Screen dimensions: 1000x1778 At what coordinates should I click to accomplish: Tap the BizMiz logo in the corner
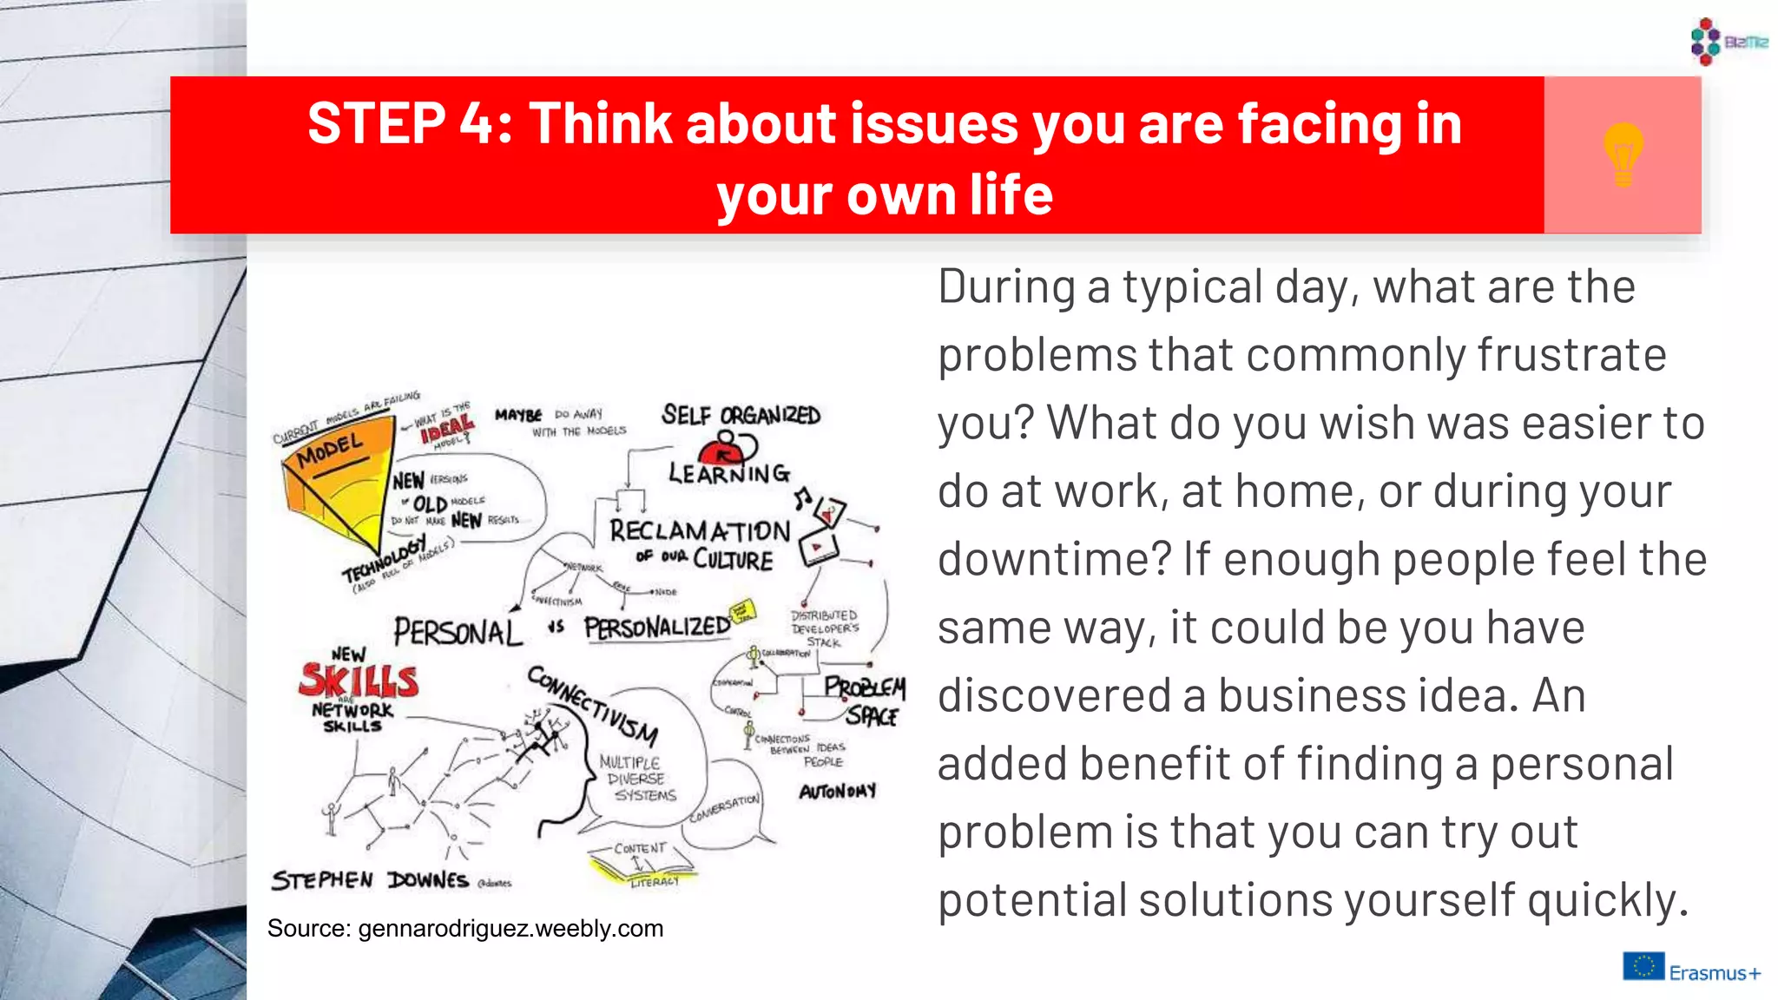point(1728,41)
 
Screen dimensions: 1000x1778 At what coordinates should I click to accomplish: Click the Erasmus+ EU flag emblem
point(1643,966)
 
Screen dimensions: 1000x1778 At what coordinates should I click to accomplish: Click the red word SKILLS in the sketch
point(359,681)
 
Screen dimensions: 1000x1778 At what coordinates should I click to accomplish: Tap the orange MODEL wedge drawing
point(334,486)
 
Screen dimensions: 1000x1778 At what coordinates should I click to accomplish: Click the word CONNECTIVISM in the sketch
point(594,705)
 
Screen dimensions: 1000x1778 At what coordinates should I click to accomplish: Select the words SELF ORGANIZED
point(741,416)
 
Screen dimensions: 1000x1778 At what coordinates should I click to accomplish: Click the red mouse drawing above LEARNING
point(726,451)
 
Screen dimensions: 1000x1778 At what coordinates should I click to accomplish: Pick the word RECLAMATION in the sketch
point(700,530)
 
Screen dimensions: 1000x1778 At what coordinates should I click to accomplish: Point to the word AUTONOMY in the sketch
point(838,792)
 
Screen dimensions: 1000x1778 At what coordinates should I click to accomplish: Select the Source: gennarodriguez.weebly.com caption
point(465,929)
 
